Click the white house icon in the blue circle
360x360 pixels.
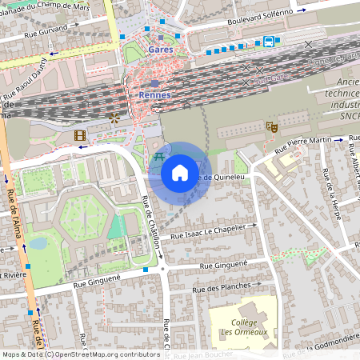pyautogui.click(x=180, y=173)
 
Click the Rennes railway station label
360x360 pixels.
pyautogui.click(x=154, y=94)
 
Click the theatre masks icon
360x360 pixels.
pyautogui.click(x=272, y=126)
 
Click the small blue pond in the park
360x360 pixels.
pyautogui.click(x=38, y=243)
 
